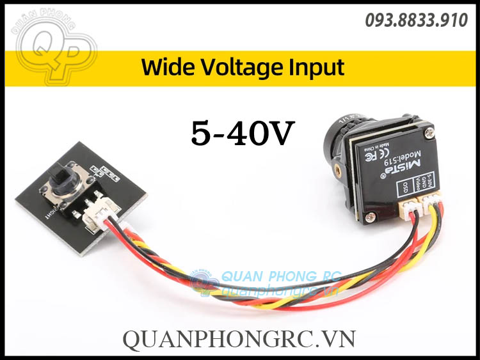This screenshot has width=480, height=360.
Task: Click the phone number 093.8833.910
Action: click(x=416, y=20)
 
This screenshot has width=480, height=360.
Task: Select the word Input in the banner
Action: click(x=319, y=67)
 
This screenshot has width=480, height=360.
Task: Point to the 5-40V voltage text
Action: click(x=243, y=133)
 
